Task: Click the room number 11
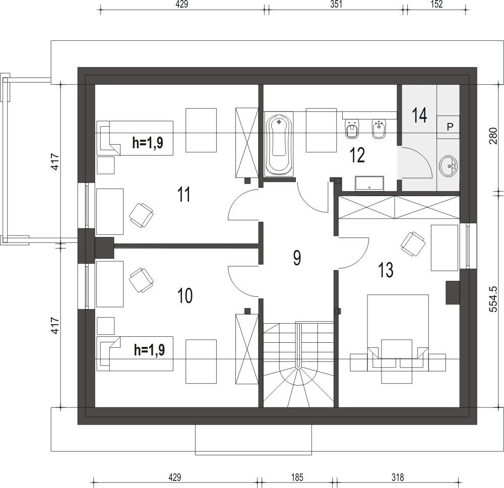tap(184, 194)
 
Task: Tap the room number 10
tap(185, 296)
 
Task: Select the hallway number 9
tap(297, 258)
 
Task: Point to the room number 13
tap(386, 270)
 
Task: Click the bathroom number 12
tap(357, 155)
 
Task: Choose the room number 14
tap(419, 115)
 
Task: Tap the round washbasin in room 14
tap(448, 165)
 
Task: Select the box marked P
tap(450, 126)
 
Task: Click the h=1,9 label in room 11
tap(147, 143)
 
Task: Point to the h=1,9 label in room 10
tap(150, 350)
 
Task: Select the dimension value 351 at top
tap(336, 5)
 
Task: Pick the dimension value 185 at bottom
tap(296, 476)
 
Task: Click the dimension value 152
tap(436, 5)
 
